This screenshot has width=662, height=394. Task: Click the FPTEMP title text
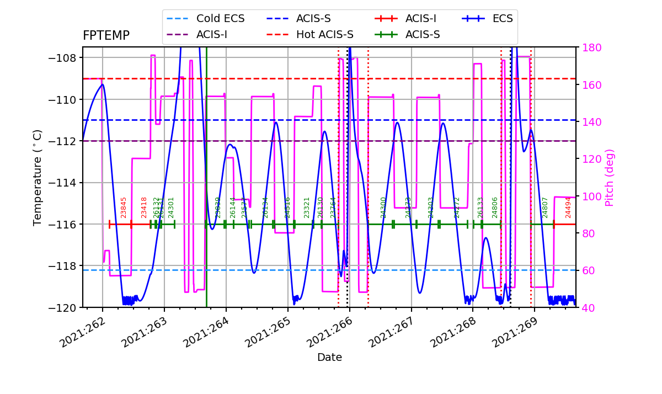(x=106, y=36)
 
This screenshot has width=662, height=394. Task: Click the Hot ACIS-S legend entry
(x=324, y=35)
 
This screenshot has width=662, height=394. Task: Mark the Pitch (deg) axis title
(x=610, y=178)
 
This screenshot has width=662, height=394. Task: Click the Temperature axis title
(x=38, y=177)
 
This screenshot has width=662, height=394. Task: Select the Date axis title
(x=329, y=358)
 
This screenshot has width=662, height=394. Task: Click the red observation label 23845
(x=124, y=207)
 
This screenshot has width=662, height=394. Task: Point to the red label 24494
(x=568, y=207)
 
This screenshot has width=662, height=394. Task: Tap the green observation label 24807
(x=545, y=207)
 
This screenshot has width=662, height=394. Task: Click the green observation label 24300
(x=384, y=207)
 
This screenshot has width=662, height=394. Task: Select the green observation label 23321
(x=307, y=207)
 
